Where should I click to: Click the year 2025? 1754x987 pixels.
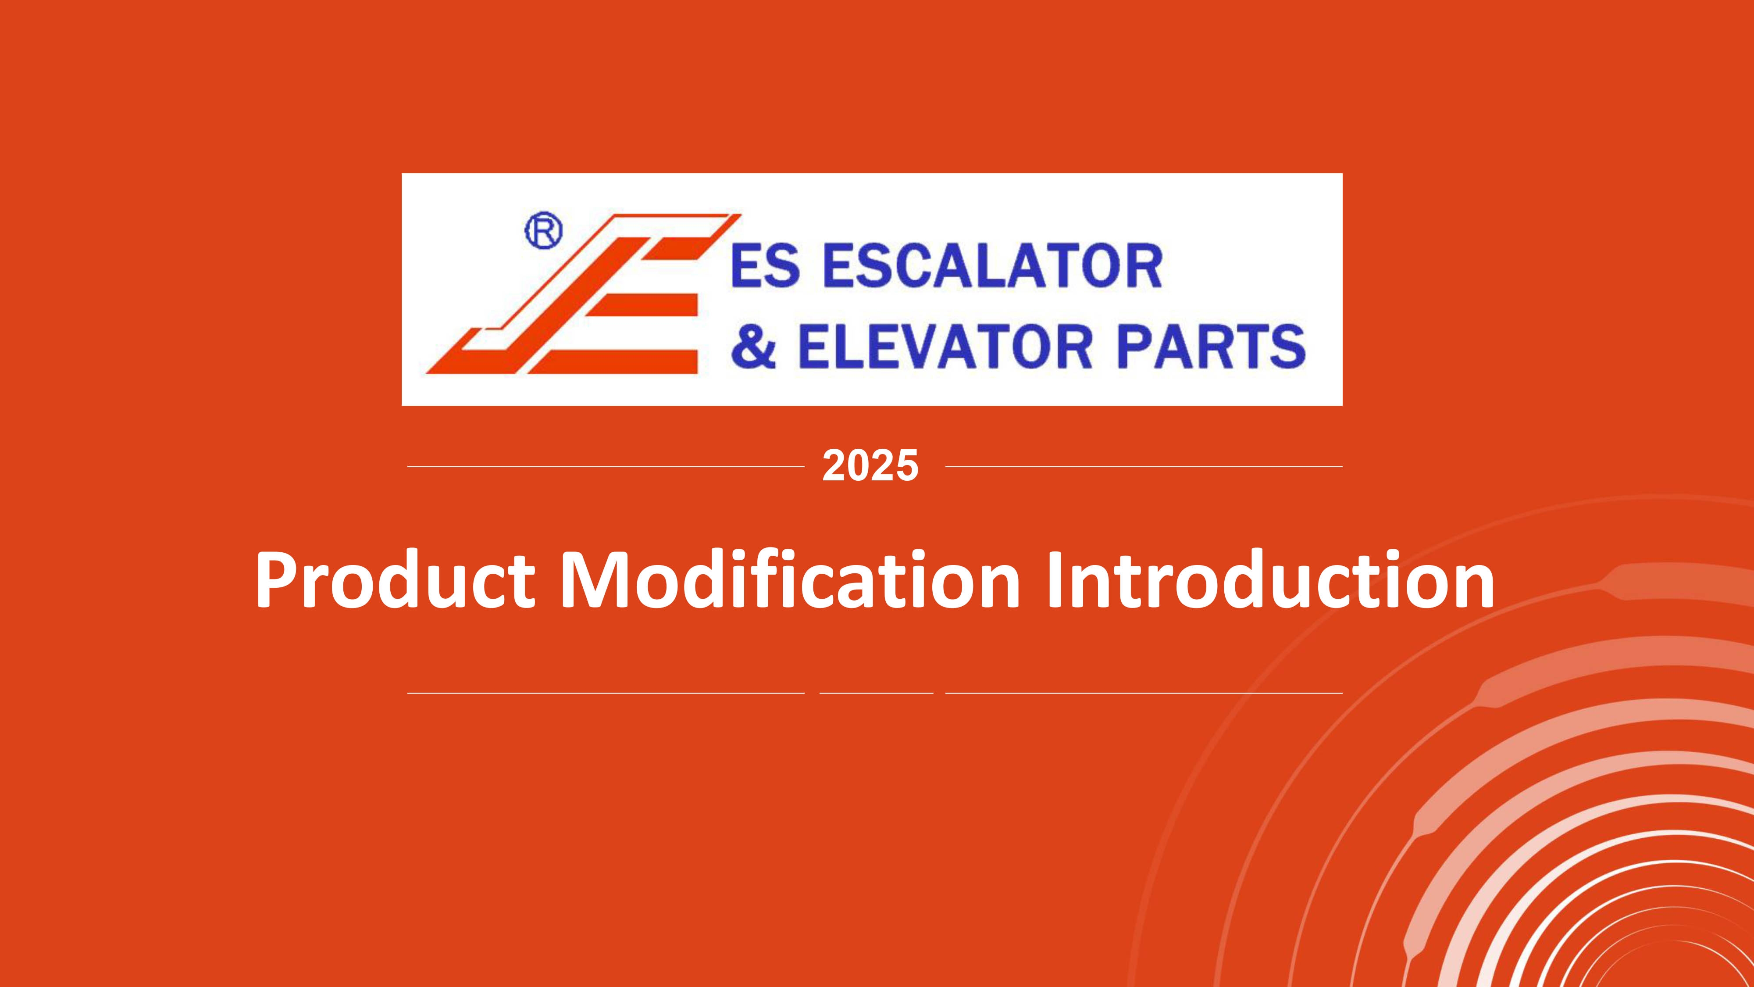coord(870,467)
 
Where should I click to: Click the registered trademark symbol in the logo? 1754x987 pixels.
coord(543,233)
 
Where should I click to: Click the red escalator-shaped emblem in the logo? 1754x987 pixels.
coord(583,294)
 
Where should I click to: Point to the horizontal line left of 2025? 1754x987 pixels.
coord(606,467)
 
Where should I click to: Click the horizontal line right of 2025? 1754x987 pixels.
coord(1144,467)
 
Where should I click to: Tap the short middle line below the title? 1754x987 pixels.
coord(876,694)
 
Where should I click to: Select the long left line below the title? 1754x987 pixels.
coord(606,694)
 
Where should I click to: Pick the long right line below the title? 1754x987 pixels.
coord(1144,694)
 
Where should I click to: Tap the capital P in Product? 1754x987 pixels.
coord(276,580)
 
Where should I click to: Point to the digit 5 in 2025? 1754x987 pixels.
coord(907,467)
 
